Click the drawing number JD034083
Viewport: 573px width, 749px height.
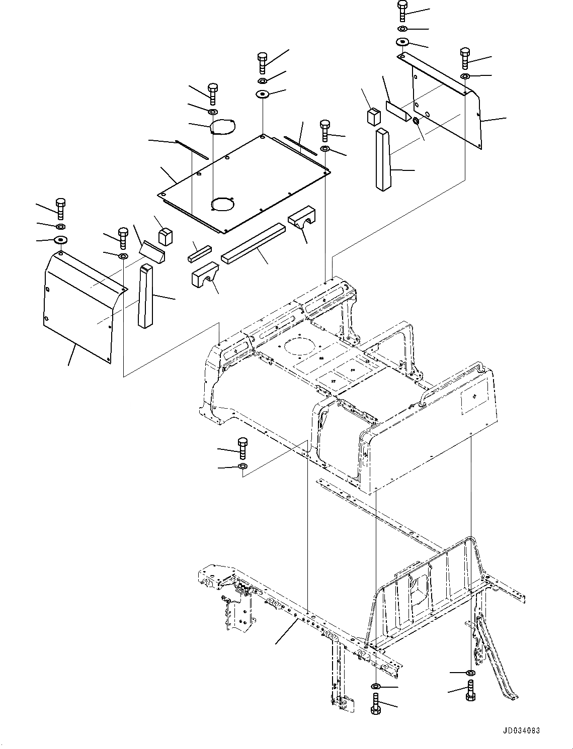pyautogui.click(x=520, y=731)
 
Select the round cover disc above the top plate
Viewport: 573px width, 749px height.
pyautogui.click(x=222, y=127)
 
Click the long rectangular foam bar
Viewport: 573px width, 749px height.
pyautogui.click(x=254, y=243)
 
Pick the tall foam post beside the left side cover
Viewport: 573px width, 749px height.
pyautogui.click(x=145, y=296)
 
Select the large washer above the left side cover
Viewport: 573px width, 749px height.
pyautogui.click(x=60, y=239)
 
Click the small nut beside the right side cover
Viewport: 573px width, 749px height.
pyautogui.click(x=416, y=121)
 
